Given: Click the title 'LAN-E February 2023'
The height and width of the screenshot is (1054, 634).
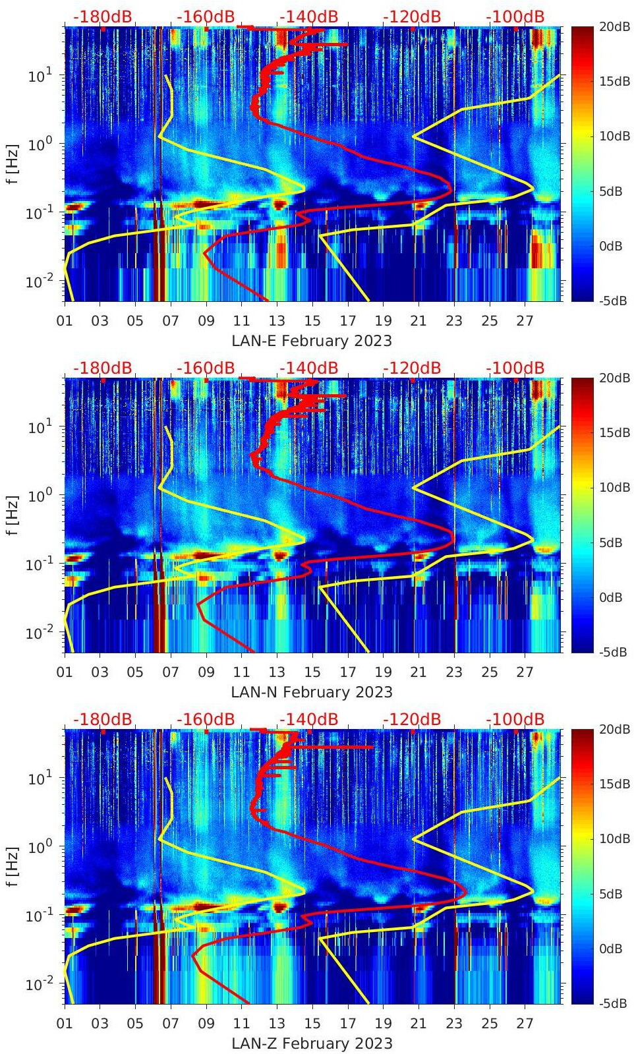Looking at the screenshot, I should (312, 341).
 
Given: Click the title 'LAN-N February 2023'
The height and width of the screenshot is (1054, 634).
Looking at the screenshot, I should (312, 692).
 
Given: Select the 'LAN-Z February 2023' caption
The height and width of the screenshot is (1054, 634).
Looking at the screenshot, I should (312, 1043).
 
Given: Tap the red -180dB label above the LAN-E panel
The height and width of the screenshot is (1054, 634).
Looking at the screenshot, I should (102, 16).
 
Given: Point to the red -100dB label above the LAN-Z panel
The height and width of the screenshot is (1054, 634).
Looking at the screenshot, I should (515, 719).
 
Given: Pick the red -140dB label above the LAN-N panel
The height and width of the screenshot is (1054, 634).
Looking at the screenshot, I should (308, 368).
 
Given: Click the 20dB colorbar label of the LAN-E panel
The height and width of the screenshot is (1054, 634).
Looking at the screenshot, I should (613, 26).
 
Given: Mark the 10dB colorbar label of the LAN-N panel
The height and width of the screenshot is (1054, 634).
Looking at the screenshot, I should (613, 488).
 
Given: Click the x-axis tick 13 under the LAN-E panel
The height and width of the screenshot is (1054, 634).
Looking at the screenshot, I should (277, 321).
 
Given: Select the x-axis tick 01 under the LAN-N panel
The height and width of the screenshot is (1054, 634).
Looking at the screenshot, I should (65, 672).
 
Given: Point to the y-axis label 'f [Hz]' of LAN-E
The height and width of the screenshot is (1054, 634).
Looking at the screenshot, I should (13, 163).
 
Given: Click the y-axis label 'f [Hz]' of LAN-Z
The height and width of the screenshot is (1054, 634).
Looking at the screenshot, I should (13, 866).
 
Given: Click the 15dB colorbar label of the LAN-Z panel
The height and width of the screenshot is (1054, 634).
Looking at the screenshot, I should (613, 784).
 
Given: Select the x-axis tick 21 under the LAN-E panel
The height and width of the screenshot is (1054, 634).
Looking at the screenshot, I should (418, 321).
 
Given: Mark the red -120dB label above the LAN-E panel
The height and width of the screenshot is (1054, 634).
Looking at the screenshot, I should (412, 16).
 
